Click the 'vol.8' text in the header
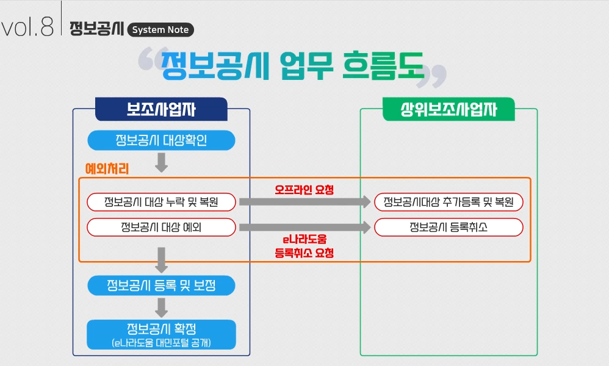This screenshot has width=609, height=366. (27, 27)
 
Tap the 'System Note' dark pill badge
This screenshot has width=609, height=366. (160, 29)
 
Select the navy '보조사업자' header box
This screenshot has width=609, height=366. (161, 109)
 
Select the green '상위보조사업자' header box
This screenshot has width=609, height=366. (449, 109)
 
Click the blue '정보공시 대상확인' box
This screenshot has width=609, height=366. (161, 141)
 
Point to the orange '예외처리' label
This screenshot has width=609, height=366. (107, 167)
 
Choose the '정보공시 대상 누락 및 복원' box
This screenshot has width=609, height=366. (161, 202)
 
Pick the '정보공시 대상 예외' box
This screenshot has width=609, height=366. (161, 228)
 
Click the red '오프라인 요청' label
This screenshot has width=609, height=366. (304, 190)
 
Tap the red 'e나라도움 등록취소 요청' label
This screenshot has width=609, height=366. (304, 245)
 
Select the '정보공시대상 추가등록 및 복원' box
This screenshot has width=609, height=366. (449, 202)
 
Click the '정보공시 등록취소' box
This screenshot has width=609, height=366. (449, 228)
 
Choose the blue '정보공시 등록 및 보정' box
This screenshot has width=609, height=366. (161, 285)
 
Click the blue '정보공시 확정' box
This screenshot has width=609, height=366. (161, 334)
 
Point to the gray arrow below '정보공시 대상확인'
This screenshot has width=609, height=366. (161, 162)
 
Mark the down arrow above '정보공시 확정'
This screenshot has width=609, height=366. (161, 307)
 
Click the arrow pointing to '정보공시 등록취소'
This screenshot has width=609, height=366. (304, 228)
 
